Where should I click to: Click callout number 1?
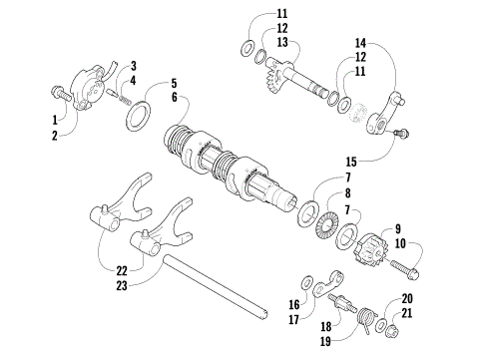[55, 122]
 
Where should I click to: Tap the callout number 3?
[133, 65]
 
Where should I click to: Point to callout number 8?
[347, 193]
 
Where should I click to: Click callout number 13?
[254, 43]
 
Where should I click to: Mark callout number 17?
[292, 319]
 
